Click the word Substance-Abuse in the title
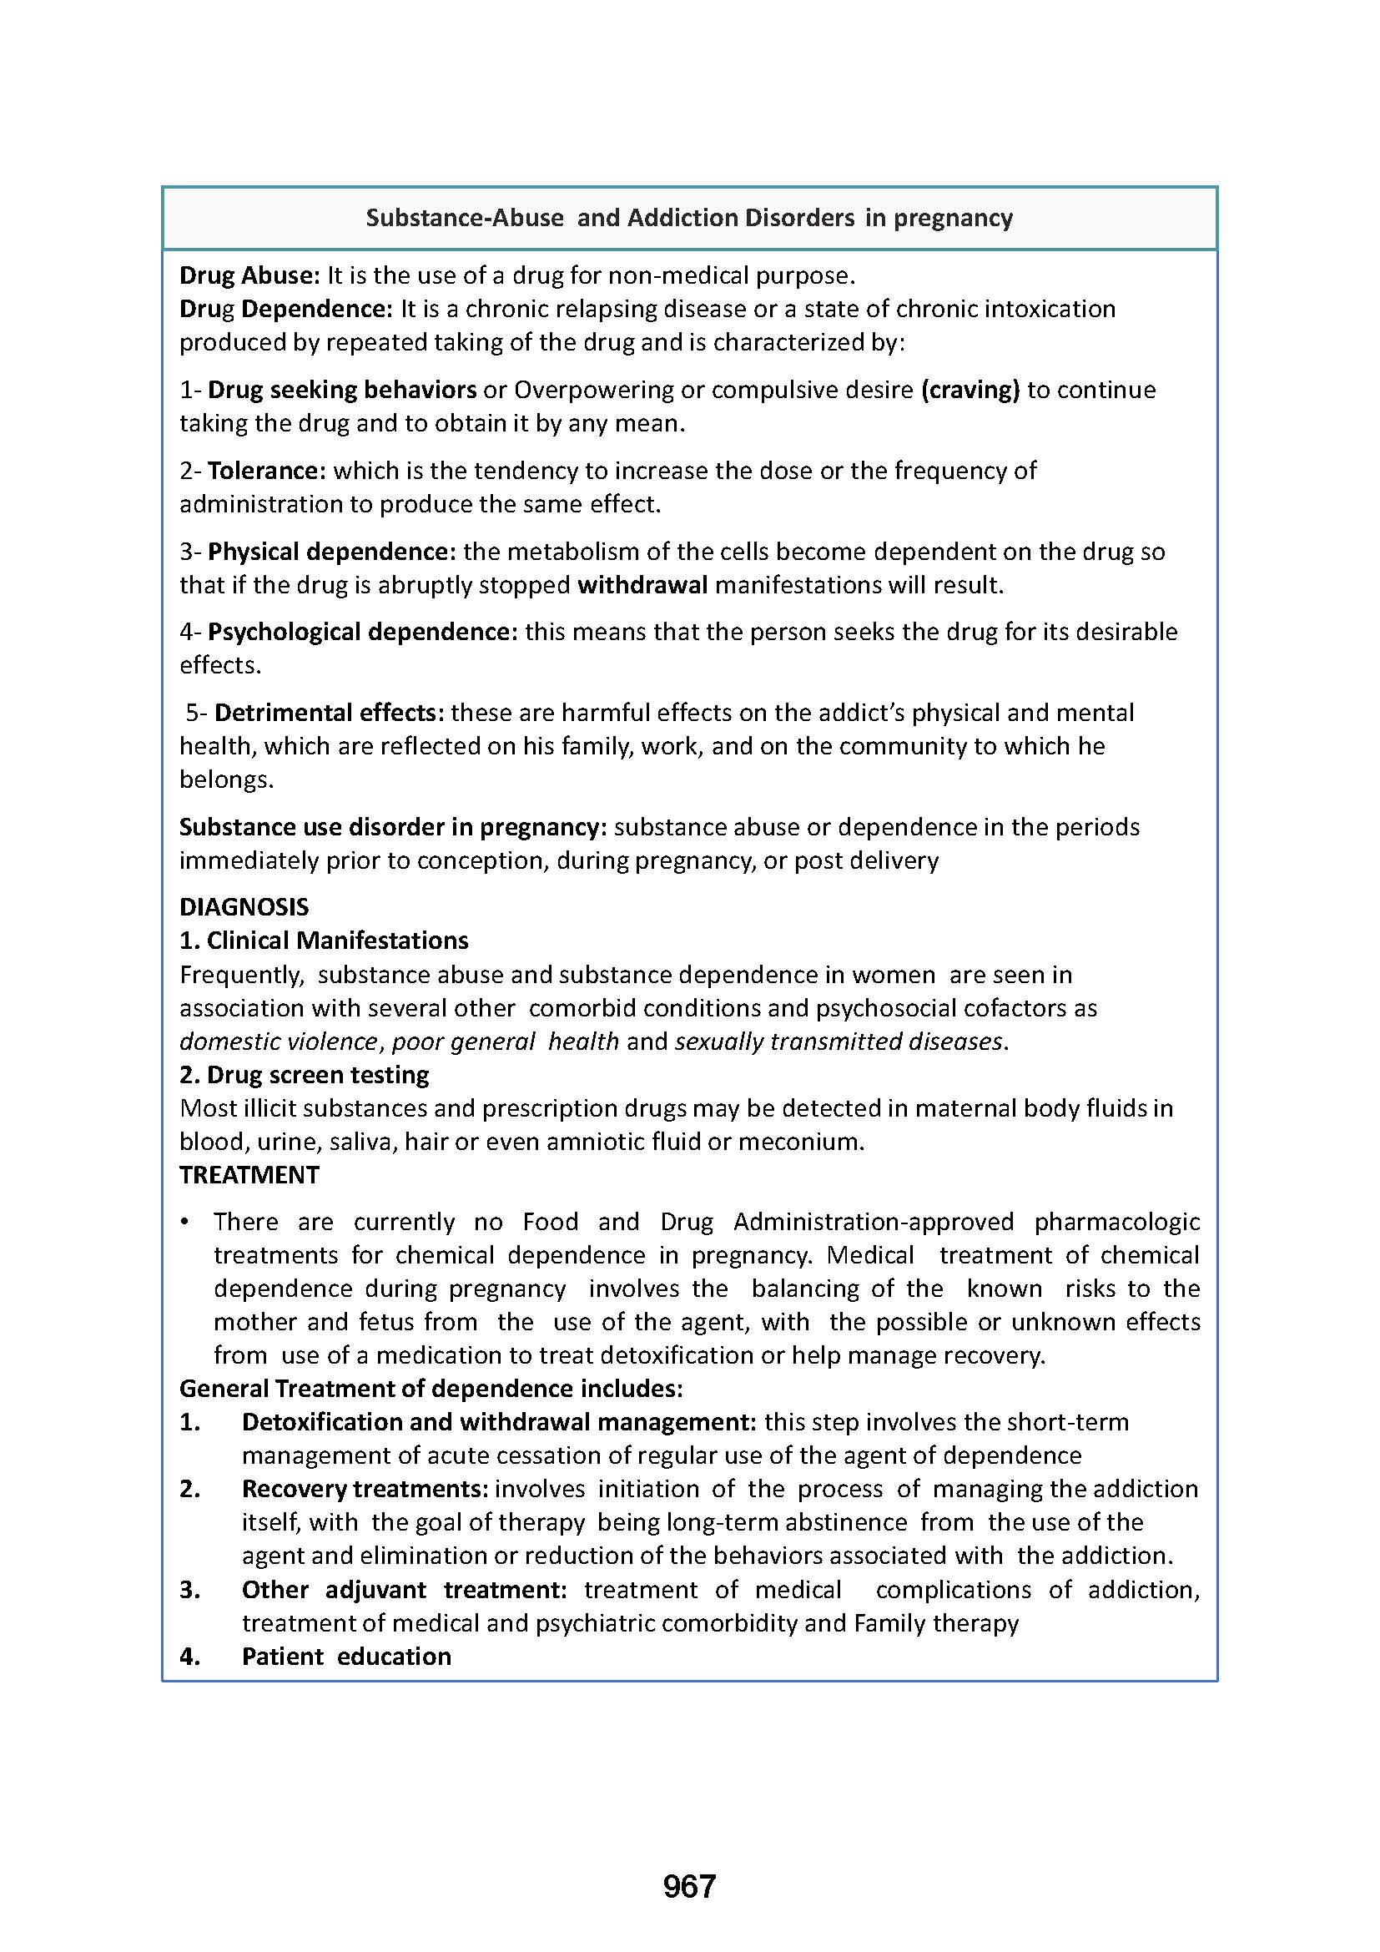465,219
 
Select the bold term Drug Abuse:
249,275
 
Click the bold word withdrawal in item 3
642,585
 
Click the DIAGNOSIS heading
244,907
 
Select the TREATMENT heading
249,1175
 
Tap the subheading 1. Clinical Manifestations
324,941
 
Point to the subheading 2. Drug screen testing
305,1075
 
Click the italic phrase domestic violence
278,1042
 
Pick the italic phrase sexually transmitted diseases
839,1042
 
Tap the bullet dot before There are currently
184,1223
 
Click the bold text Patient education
347,1656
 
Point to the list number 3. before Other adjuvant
190,1589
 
